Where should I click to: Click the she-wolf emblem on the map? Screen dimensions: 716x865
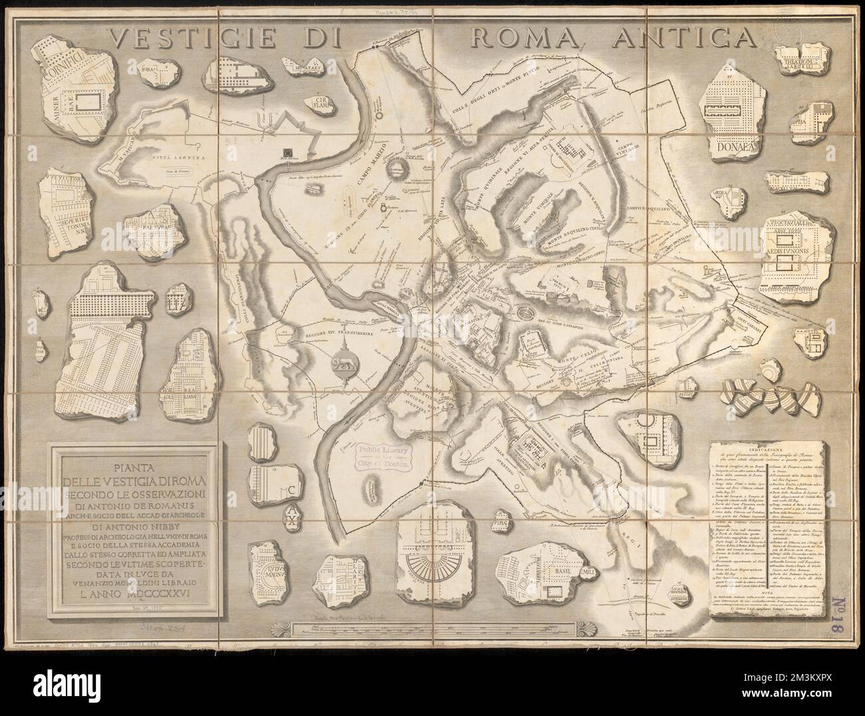(344, 361)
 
